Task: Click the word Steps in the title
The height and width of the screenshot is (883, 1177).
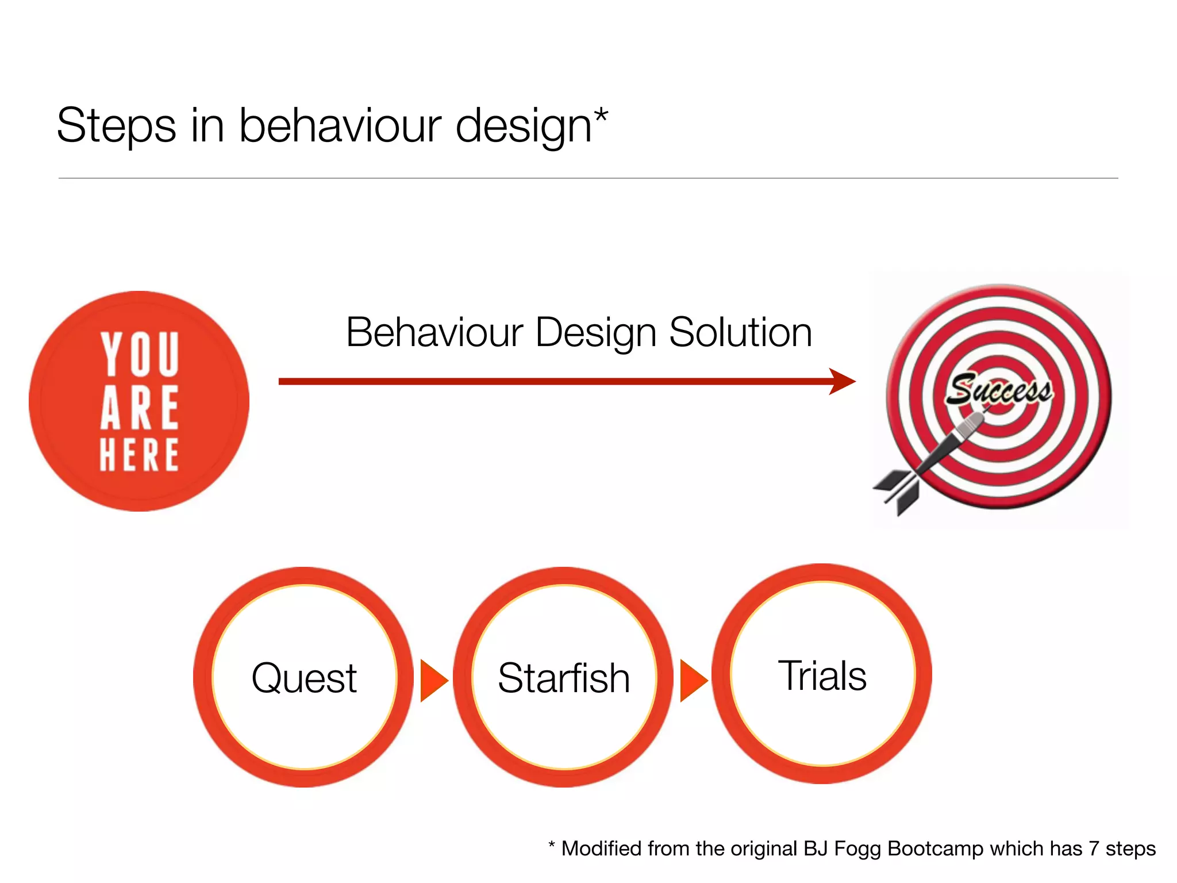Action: [116, 126]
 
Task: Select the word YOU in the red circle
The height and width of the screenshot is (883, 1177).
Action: [140, 354]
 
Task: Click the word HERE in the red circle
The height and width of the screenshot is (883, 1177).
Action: [139, 455]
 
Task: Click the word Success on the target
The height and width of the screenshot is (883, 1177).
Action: [999, 390]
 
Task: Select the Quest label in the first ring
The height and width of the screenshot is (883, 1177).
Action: [304, 678]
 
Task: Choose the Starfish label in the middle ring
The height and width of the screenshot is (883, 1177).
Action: [564, 678]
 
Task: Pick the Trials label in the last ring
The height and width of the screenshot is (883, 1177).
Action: [822, 675]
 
